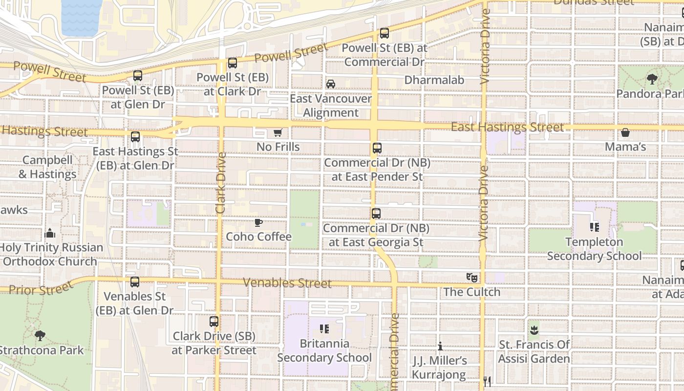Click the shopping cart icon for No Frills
(278, 132)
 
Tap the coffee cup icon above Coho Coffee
(258, 223)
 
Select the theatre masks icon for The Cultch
(471, 278)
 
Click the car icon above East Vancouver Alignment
(331, 84)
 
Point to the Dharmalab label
(434, 80)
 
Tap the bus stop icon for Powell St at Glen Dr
(138, 76)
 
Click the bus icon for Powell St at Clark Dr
(233, 63)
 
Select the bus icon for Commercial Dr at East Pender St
(377, 148)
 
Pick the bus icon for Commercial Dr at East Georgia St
(376, 214)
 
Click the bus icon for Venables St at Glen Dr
(134, 282)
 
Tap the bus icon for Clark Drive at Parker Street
(214, 322)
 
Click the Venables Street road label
(287, 283)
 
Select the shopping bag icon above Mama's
(625, 132)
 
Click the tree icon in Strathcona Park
(40, 336)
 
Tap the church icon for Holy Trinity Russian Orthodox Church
(50, 233)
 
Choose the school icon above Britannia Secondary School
(324, 329)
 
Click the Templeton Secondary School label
(594, 249)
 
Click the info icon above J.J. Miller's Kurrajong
(440, 347)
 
